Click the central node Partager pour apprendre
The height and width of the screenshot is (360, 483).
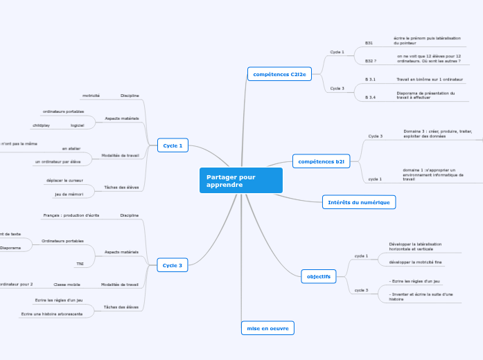coord(240,181)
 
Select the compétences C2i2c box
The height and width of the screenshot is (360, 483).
coord(279,74)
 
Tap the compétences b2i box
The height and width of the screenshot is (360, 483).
coord(321,161)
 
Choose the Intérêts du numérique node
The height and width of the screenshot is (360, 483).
coord(359,202)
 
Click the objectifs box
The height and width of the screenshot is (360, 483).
coord(319,276)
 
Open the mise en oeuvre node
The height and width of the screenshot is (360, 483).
coord(267,327)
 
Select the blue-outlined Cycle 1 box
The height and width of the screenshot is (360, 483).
coord(172,145)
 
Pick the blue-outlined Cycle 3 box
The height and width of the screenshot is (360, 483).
coord(172,265)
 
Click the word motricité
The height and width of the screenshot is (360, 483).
coord(91,95)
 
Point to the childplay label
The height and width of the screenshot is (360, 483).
coord(41,125)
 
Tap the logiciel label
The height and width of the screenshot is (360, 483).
coord(77,125)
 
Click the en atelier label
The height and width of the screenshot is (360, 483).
coord(71,148)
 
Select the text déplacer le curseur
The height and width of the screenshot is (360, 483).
coord(64,180)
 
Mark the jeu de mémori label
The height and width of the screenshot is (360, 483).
coord(69,195)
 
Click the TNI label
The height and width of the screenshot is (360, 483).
coord(80,264)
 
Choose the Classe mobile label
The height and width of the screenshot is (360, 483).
coord(67,284)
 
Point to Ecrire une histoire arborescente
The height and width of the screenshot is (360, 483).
coord(52,314)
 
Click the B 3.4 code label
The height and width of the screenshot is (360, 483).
coord(370,98)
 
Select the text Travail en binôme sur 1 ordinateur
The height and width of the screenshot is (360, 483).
coord(430,80)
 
